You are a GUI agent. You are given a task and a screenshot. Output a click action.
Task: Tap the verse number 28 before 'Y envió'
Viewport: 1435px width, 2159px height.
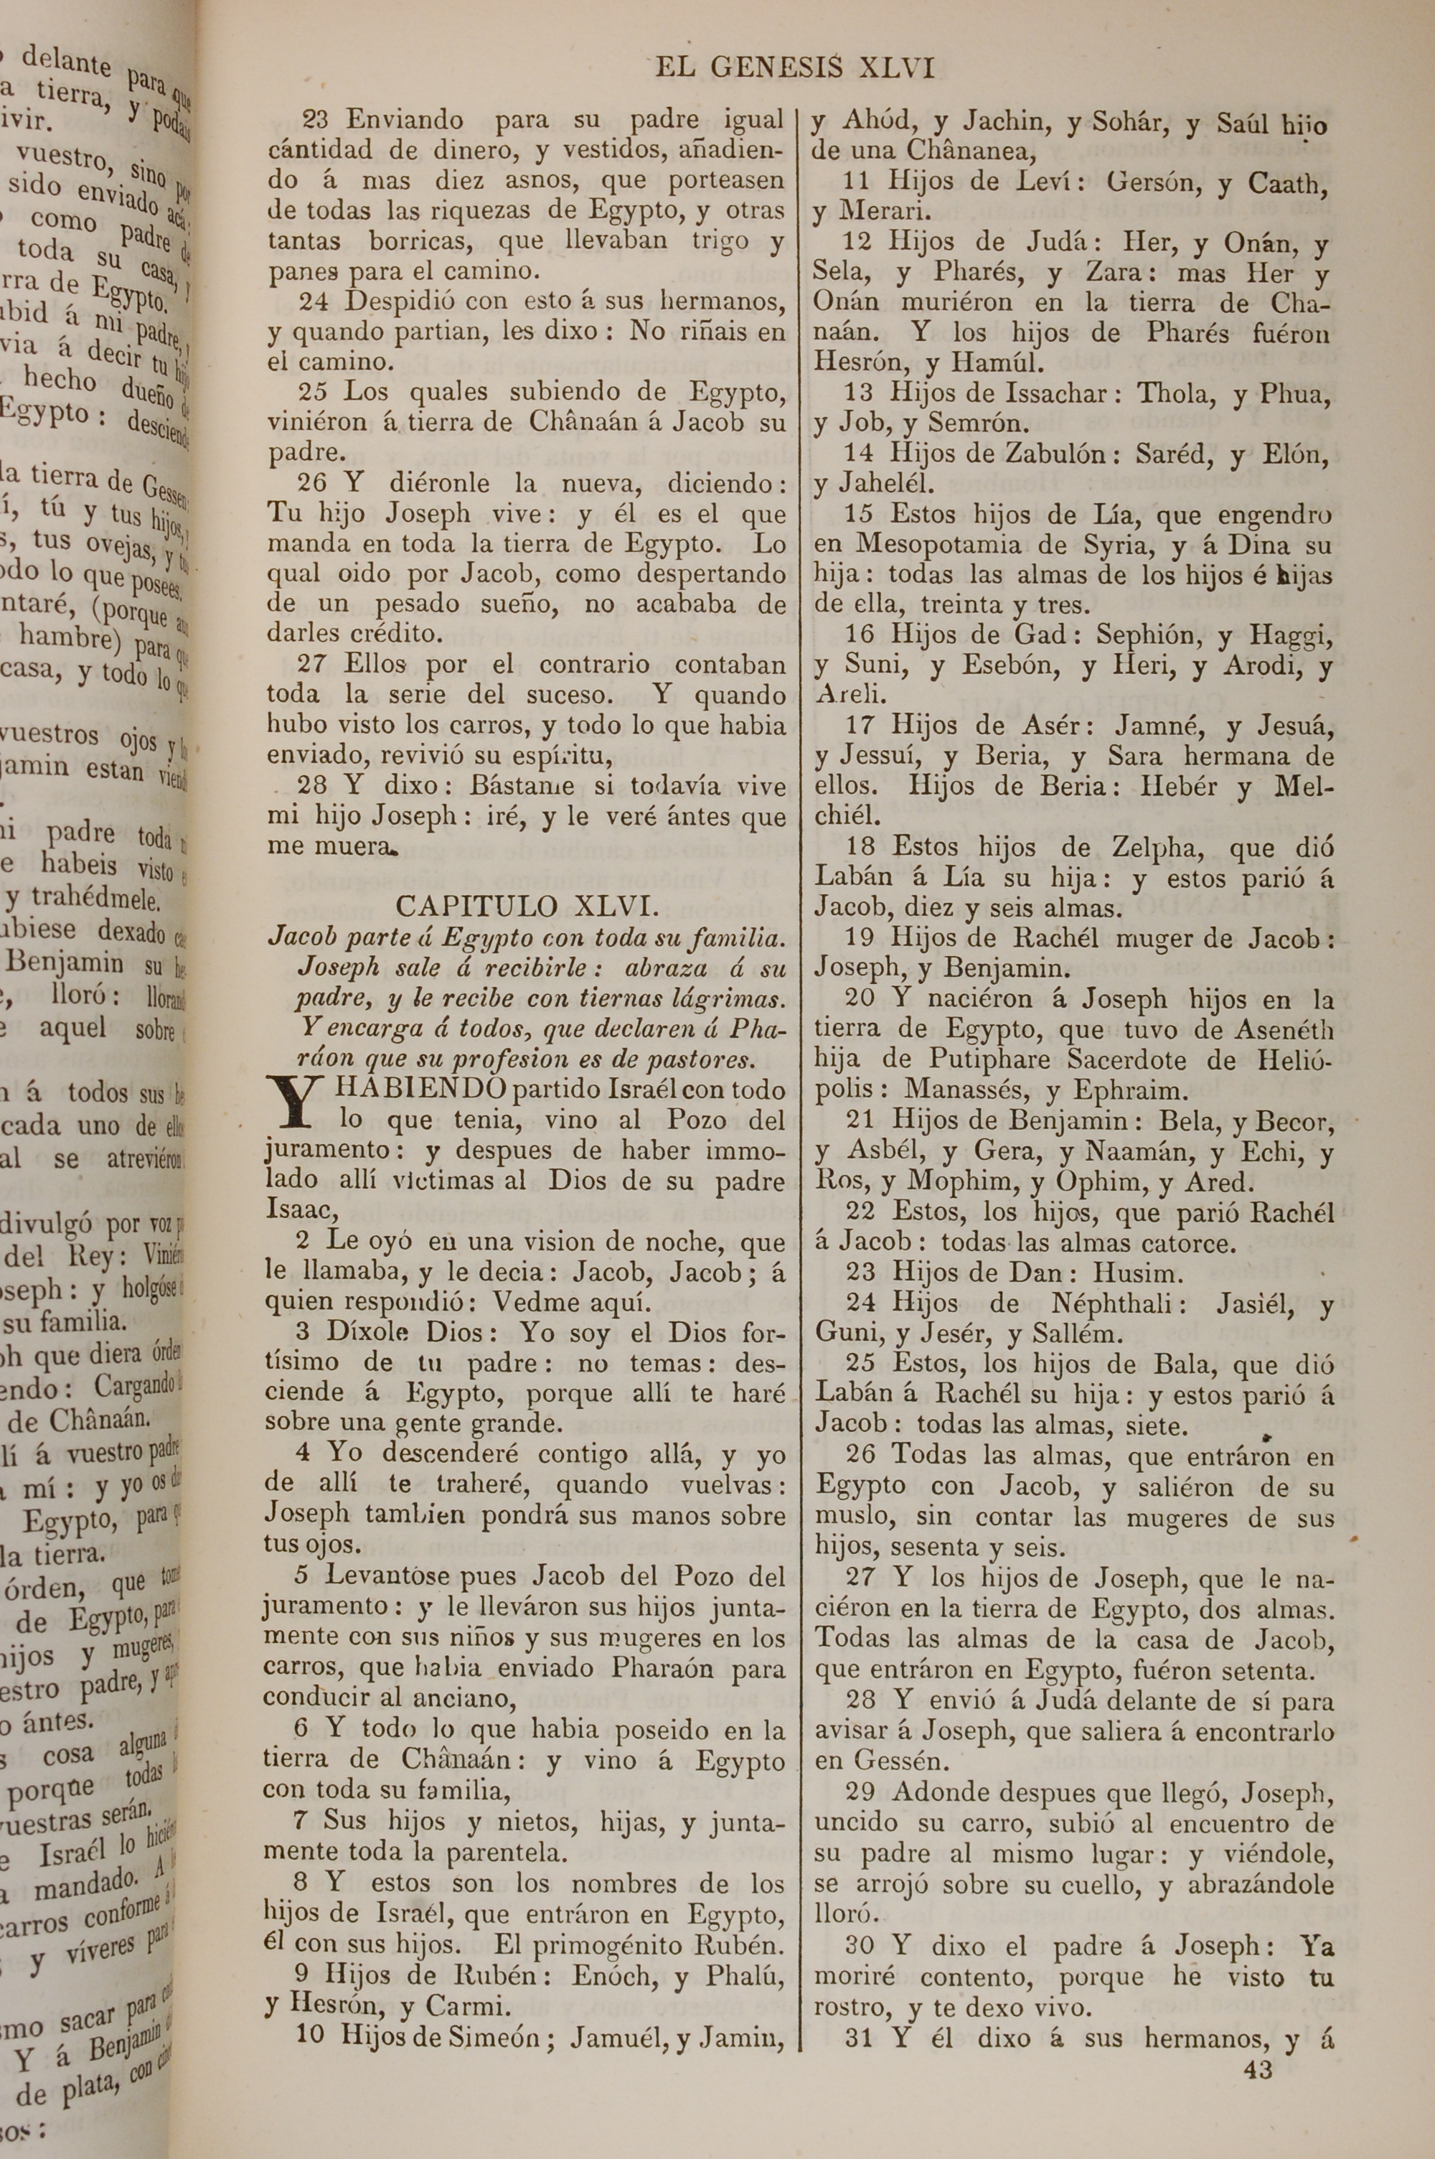(861, 1701)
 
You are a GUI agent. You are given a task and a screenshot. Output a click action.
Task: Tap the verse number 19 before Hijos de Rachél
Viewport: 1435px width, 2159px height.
(860, 938)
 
